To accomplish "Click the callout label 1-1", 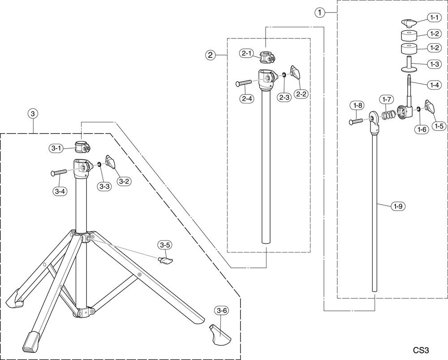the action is click(434, 18).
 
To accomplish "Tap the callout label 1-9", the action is click(398, 206).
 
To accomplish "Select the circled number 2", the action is click(210, 55).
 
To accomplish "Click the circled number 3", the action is click(33, 114).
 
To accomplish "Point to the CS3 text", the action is click(421, 350).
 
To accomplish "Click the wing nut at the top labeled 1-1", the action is click(408, 23).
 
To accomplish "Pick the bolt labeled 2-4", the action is click(244, 83).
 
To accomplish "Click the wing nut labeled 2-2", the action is click(295, 72).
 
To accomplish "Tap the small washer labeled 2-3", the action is click(284, 75).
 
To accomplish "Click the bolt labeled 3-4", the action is click(59, 172).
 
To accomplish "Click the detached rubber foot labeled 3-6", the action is click(220, 334).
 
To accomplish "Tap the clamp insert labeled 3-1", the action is click(82, 147).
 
